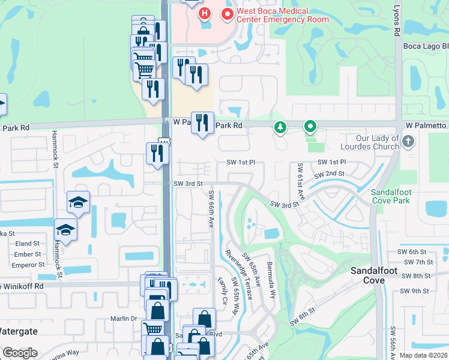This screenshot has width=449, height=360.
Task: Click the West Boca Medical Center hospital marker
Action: pyautogui.click(x=205, y=13)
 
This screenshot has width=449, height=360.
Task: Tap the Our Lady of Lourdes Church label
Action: pyautogui.click(x=370, y=142)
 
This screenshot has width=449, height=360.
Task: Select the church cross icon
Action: pyautogui.click(x=408, y=142)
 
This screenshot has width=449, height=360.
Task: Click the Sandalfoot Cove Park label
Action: pyautogui.click(x=390, y=196)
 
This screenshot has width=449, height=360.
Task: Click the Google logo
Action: pyautogui.click(x=20, y=353)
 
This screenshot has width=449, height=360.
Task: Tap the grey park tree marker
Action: pyautogui.click(x=279, y=127)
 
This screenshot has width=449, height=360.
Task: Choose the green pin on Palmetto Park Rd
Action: pyautogui.click(x=310, y=127)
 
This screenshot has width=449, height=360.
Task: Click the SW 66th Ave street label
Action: pyautogui.click(x=211, y=209)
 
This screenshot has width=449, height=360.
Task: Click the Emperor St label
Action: pyautogui.click(x=29, y=264)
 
